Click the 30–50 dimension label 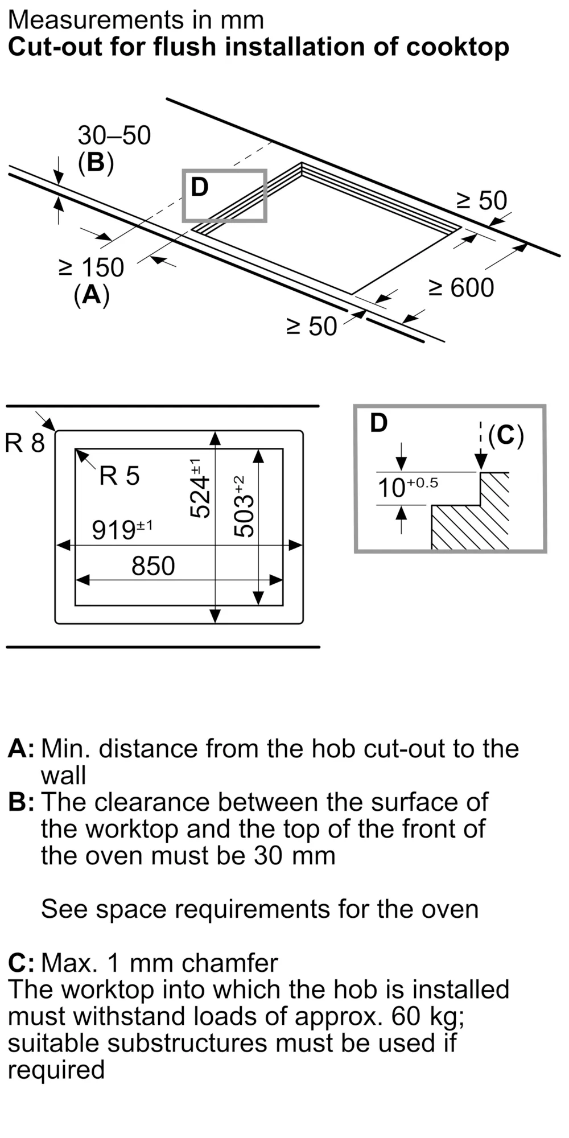pyautogui.click(x=114, y=135)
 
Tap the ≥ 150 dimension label pyautogui.click(x=91, y=267)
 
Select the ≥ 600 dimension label pyautogui.click(x=461, y=287)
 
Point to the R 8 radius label pyautogui.click(x=24, y=443)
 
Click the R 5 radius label pyautogui.click(x=119, y=476)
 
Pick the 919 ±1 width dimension pyautogui.click(x=122, y=529)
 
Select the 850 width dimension pyautogui.click(x=153, y=566)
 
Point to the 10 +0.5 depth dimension pyautogui.click(x=408, y=486)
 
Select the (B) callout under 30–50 pyautogui.click(x=96, y=163)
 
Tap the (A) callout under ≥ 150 pyautogui.click(x=92, y=295)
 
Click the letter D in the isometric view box pyautogui.click(x=199, y=187)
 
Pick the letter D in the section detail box pyautogui.click(x=378, y=423)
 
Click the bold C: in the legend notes pyautogui.click(x=21, y=963)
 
